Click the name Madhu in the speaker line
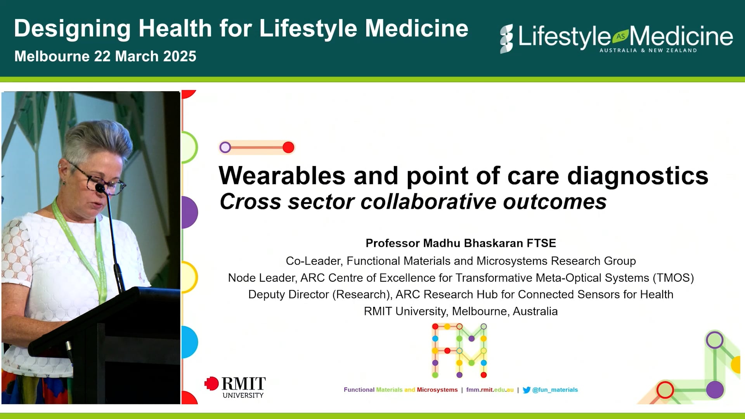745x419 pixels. click(442, 243)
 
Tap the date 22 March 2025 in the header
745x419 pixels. click(145, 56)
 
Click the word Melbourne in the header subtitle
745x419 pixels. click(52, 56)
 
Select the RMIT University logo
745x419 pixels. click(235, 387)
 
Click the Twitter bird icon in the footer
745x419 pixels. click(526, 390)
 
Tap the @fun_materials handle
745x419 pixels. click(555, 390)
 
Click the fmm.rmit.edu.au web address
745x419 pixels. click(490, 390)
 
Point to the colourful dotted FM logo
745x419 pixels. click(459, 351)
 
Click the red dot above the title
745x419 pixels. click(288, 147)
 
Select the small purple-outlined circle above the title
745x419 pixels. click(225, 147)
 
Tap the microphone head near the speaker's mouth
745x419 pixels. click(100, 189)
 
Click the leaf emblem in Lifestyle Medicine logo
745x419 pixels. click(620, 36)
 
